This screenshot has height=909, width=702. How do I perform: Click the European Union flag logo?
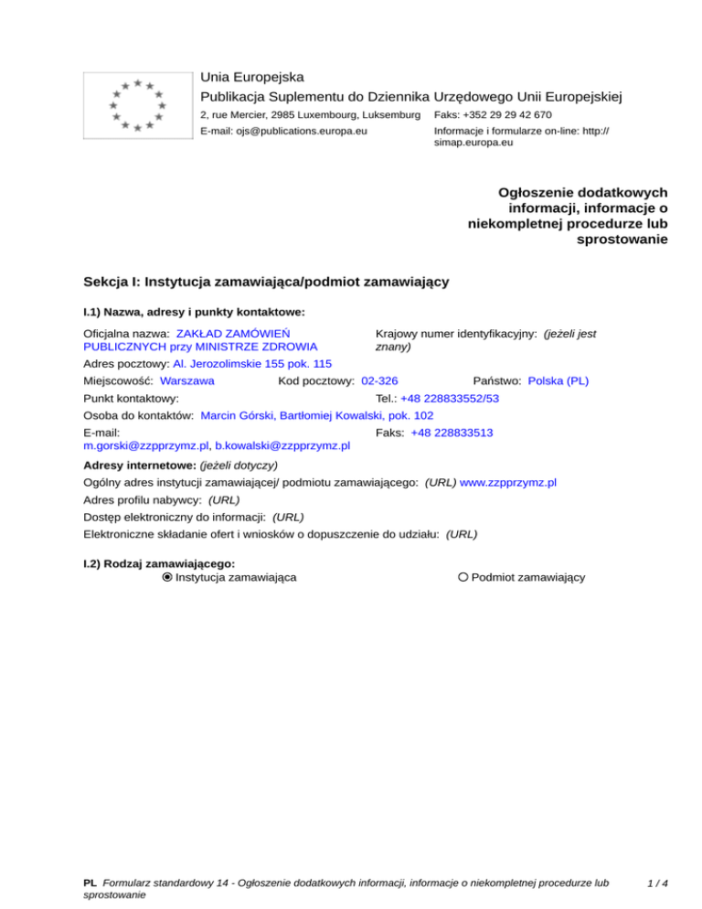tap(137, 105)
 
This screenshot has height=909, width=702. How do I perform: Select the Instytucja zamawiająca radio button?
tap(167, 577)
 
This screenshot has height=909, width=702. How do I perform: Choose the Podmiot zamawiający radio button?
tap(463, 577)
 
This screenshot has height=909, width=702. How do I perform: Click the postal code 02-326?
tap(379, 380)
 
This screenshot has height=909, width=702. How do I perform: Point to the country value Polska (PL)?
tap(558, 380)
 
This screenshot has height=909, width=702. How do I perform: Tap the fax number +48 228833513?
tap(452, 432)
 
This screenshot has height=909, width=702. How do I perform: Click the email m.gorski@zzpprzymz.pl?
tap(144, 446)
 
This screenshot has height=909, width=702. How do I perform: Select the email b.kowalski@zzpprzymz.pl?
tap(282, 446)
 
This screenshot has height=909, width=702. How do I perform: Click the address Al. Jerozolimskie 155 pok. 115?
tap(252, 363)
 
